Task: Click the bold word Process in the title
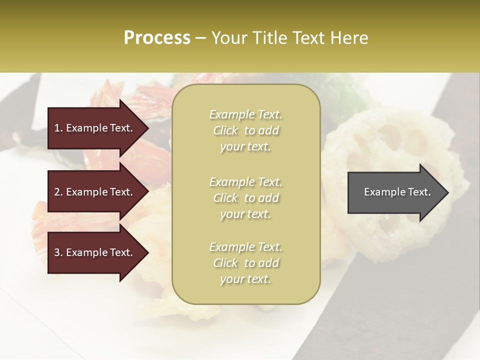157,38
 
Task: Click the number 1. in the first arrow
58,128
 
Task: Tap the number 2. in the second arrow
58,192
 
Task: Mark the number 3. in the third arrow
58,253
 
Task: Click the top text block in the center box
245,130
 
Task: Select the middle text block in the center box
245,198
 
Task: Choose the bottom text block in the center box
245,263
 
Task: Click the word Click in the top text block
225,130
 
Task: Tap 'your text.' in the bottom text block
245,279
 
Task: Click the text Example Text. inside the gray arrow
397,192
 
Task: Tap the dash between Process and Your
200,38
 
